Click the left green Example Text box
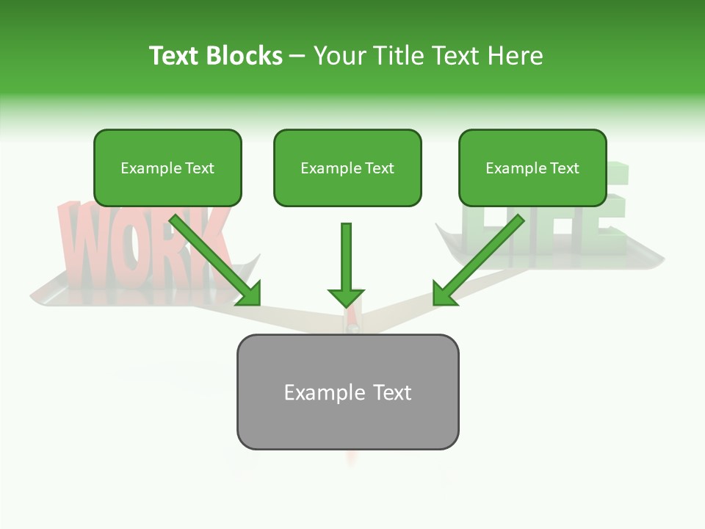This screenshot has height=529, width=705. (x=167, y=168)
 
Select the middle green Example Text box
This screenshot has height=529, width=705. (x=347, y=168)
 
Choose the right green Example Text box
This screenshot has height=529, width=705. (x=532, y=168)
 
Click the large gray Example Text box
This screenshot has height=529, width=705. (x=347, y=392)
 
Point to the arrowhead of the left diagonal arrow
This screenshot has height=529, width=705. (x=249, y=293)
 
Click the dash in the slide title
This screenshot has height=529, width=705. (x=297, y=57)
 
